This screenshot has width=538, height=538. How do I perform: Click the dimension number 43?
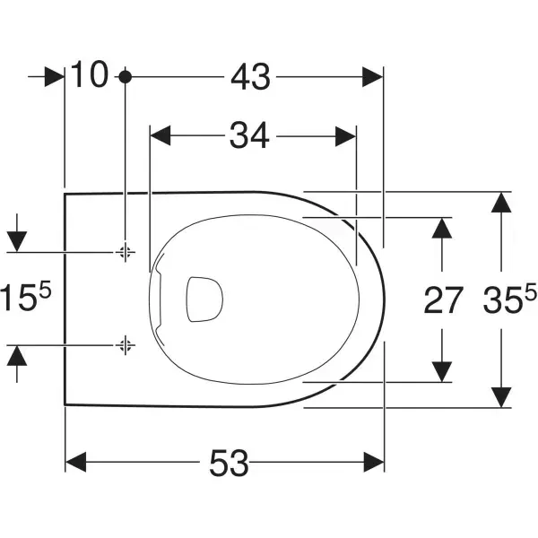(x=249, y=78)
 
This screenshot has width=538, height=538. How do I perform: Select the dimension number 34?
(x=249, y=136)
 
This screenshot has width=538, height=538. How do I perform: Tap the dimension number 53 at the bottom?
(x=229, y=464)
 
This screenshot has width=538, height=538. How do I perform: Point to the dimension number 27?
(x=443, y=300)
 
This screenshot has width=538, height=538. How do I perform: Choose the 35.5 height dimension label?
(x=507, y=299)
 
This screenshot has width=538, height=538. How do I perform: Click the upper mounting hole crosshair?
(x=125, y=252)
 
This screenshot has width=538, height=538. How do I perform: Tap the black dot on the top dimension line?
(x=125, y=78)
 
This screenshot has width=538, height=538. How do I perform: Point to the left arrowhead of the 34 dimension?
(x=161, y=136)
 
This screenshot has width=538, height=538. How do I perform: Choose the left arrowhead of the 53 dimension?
(x=76, y=464)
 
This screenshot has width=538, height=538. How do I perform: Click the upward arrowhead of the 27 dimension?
(x=441, y=227)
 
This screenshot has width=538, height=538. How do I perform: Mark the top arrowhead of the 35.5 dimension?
(x=500, y=203)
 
